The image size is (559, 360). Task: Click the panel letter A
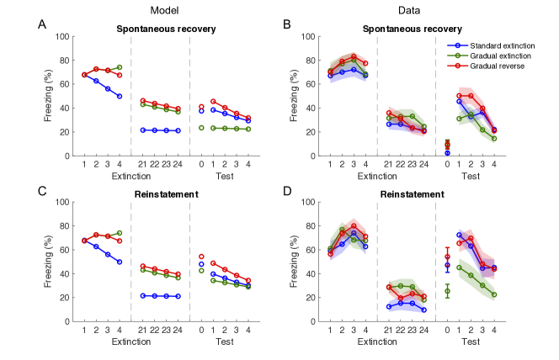(x=42, y=24)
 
